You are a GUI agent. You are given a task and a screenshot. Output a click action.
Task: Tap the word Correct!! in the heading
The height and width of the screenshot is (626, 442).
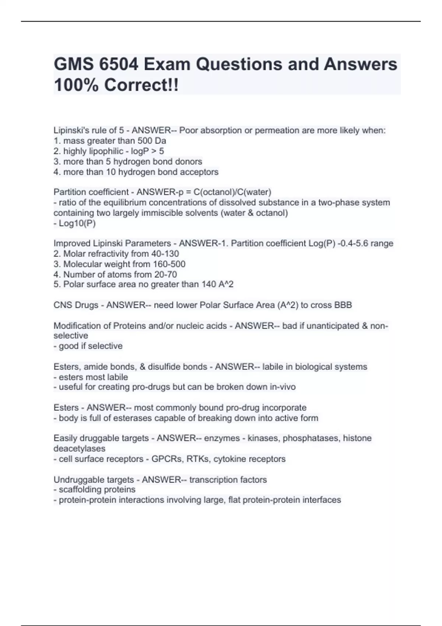tap(141, 85)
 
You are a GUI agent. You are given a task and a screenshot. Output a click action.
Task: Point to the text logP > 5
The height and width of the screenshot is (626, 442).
tap(147, 151)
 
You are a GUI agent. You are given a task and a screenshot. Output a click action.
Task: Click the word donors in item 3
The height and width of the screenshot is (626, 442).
tap(189, 161)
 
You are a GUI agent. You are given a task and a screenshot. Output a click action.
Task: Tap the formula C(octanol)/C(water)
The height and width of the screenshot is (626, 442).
tap(232, 192)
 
